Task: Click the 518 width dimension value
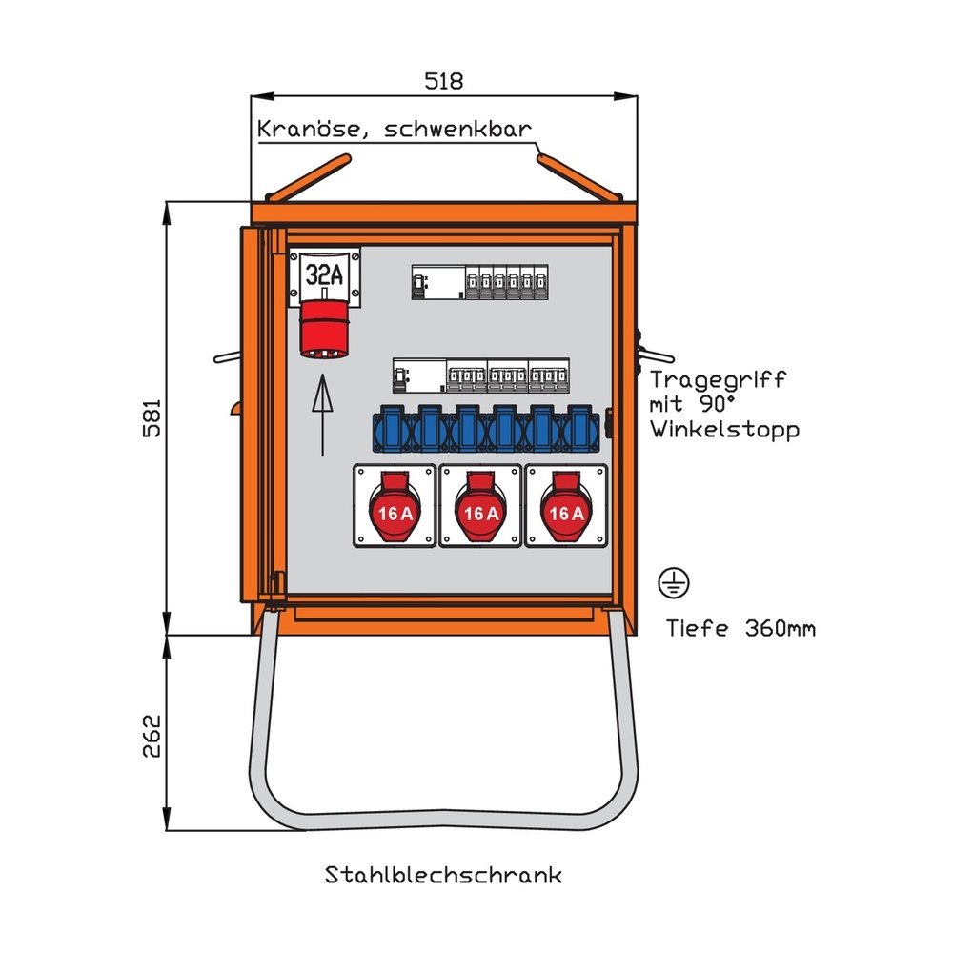coord(443,81)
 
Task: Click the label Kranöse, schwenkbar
coord(394,130)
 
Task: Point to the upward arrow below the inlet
coord(324,414)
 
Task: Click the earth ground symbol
coord(675,582)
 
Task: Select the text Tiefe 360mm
coord(740,628)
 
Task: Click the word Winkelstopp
coord(725,430)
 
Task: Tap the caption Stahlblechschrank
coord(443,875)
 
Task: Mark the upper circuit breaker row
coord(479,282)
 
